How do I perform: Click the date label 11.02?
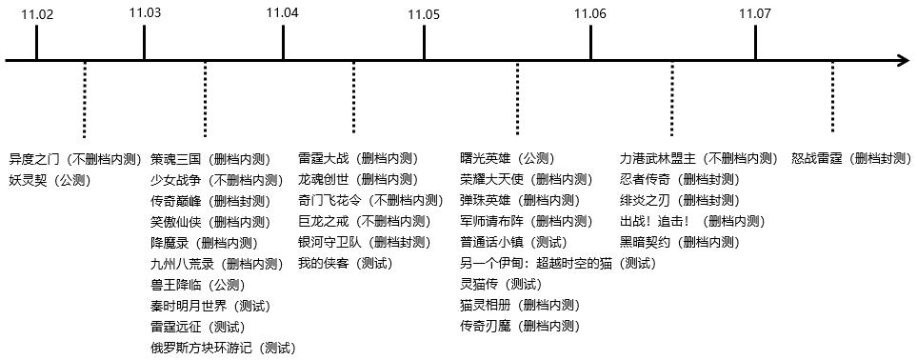[x=36, y=13]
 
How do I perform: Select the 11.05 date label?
[x=424, y=14]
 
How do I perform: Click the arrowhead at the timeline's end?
[x=903, y=61]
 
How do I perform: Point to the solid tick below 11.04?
[x=283, y=43]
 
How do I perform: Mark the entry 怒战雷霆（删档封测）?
[x=851, y=158]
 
